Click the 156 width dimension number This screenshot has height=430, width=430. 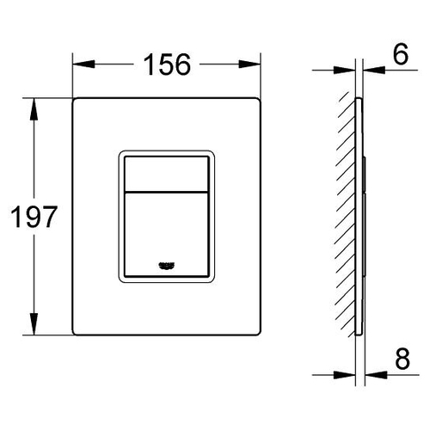[x=167, y=64]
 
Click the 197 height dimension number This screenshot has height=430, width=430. [x=34, y=217]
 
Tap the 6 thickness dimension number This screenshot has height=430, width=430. [x=401, y=54]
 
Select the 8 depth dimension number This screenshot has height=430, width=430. [x=402, y=359]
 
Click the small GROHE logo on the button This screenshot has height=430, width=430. [x=167, y=266]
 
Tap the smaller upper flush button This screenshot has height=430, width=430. [x=166, y=174]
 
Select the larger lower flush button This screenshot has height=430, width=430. [x=166, y=235]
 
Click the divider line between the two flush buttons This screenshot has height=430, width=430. [x=166, y=192]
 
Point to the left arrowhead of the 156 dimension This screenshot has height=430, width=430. [x=83, y=64]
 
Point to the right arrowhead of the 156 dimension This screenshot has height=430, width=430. [x=249, y=64]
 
